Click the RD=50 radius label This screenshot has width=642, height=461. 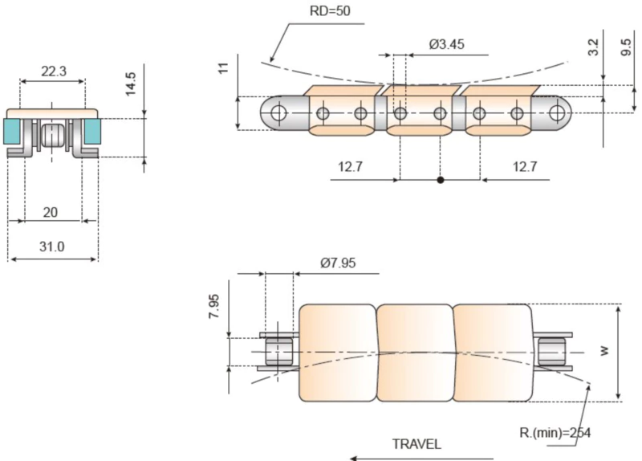[330, 11]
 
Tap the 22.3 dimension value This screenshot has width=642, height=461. [53, 71]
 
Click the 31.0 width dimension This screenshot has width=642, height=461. [52, 247]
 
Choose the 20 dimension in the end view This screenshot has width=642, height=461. [50, 211]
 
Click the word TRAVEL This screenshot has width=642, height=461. [416, 443]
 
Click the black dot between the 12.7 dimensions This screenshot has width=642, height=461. [441, 180]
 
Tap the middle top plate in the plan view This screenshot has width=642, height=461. [415, 353]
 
